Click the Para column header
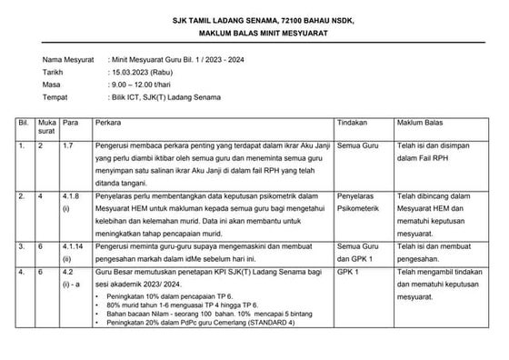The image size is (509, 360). tap(71, 121)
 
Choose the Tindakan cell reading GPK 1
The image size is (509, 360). tap(347, 270)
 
